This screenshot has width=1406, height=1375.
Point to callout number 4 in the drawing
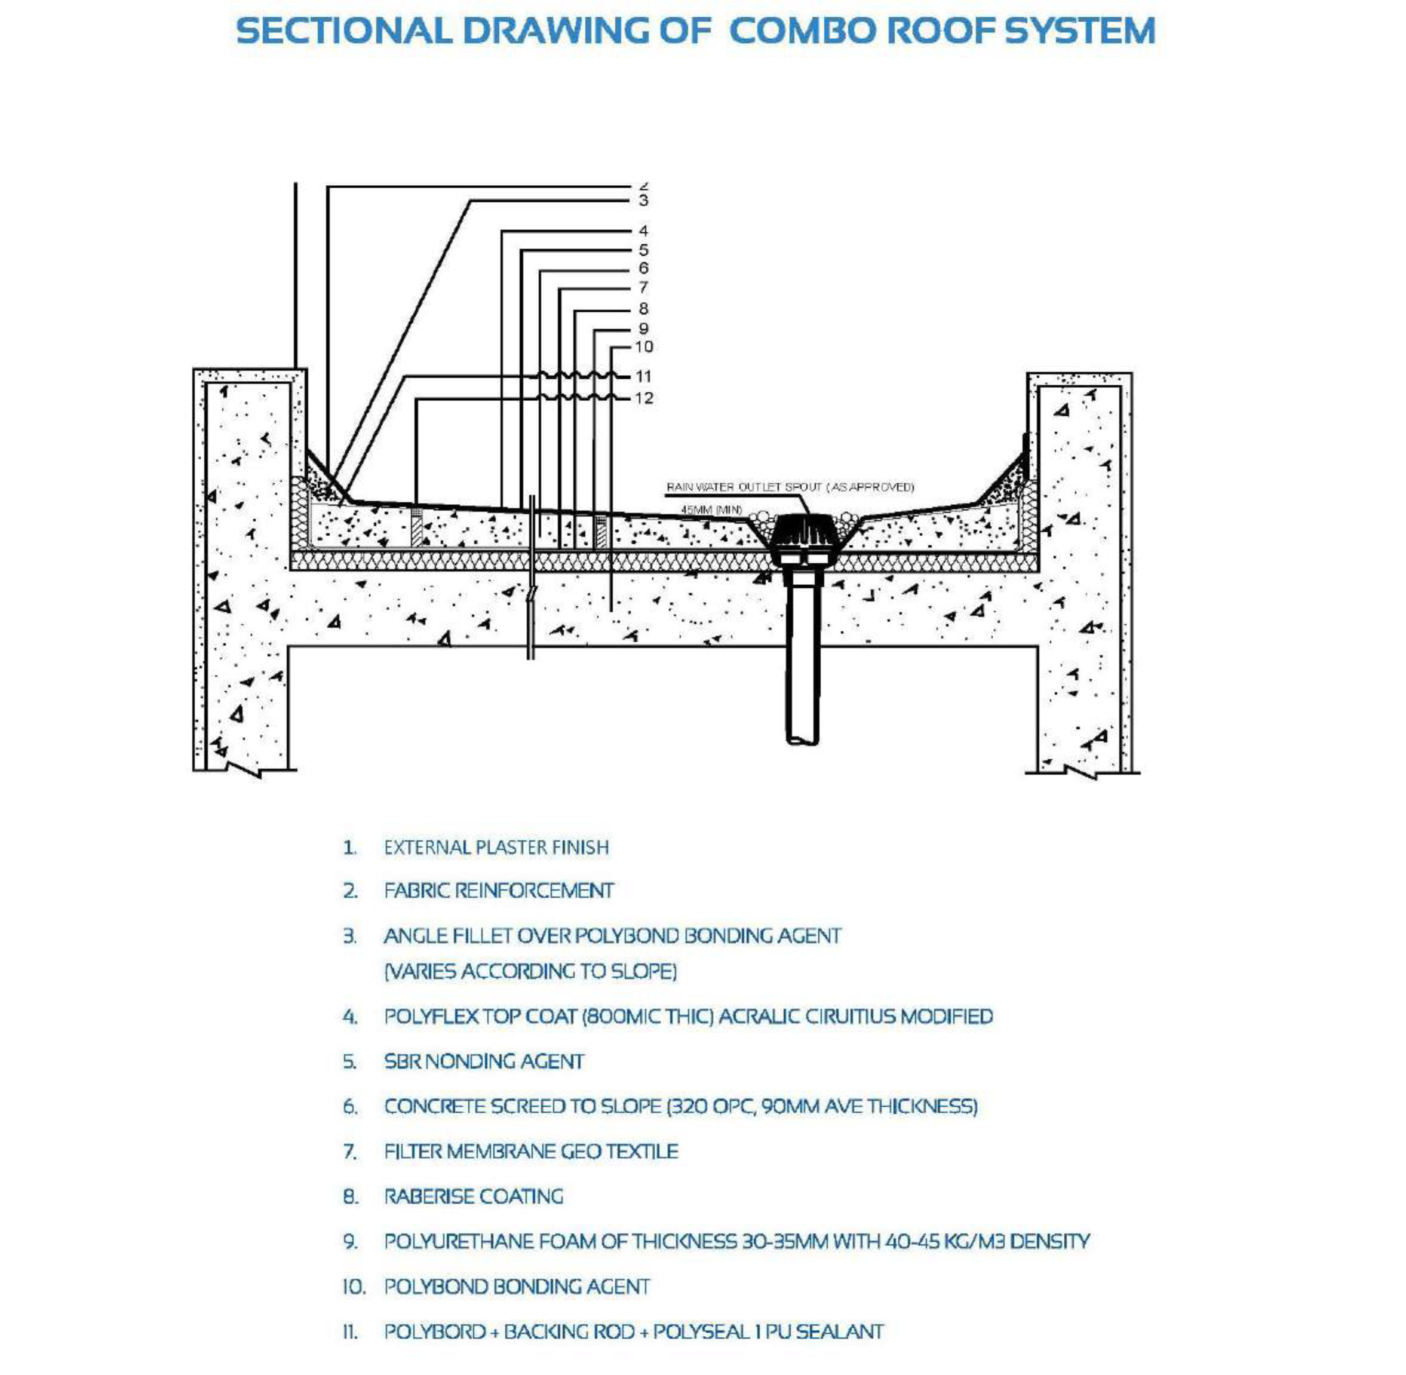643,231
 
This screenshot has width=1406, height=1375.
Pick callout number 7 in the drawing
643,287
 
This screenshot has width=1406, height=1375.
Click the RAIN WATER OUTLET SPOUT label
789,487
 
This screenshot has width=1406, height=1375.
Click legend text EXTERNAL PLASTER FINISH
496,847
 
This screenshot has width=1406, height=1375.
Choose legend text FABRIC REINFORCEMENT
498,891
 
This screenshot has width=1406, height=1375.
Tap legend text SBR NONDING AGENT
483,1061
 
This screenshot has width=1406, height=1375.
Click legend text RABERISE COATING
473,1196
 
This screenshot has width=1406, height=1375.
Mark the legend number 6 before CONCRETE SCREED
350,1106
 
